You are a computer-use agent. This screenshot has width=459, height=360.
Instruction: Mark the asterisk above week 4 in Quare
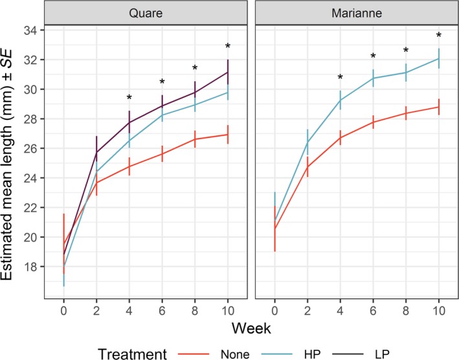[129, 98]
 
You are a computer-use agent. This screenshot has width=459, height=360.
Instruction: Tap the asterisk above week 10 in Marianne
[439, 36]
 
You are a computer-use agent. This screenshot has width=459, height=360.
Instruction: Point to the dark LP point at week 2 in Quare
[96, 152]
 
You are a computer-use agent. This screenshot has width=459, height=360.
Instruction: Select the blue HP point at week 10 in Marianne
[439, 58]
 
